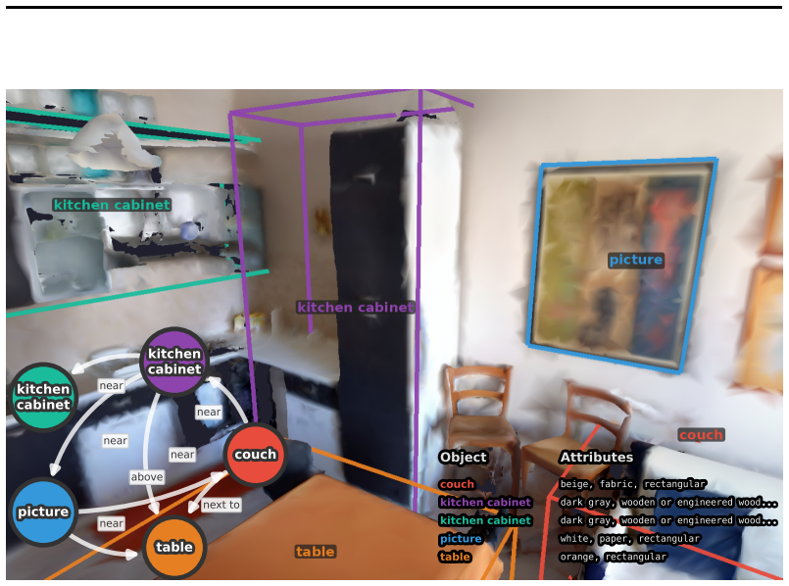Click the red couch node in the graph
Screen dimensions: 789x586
(x=255, y=455)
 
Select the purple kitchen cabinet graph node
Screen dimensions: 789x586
(x=174, y=362)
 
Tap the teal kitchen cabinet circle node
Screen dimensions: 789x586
(x=43, y=397)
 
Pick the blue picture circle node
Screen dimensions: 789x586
(x=43, y=512)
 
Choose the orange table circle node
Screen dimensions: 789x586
(x=174, y=547)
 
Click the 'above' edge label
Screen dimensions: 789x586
(x=147, y=477)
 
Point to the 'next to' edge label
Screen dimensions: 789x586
(x=222, y=505)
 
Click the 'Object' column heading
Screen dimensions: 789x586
(x=463, y=457)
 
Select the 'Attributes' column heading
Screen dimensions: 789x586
(x=597, y=457)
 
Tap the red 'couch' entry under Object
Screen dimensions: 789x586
(x=457, y=484)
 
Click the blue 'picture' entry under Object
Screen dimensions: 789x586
(x=461, y=539)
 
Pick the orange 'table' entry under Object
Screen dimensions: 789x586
(x=455, y=557)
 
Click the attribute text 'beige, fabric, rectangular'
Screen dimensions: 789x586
(x=633, y=484)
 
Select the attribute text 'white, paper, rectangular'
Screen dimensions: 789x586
(x=629, y=539)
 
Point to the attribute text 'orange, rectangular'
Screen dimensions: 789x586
(x=614, y=557)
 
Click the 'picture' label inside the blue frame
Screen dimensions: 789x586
(x=636, y=260)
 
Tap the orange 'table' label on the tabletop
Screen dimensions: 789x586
(x=315, y=552)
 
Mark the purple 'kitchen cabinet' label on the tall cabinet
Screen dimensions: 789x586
(x=355, y=308)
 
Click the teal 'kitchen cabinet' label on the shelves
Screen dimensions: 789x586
(x=112, y=205)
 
